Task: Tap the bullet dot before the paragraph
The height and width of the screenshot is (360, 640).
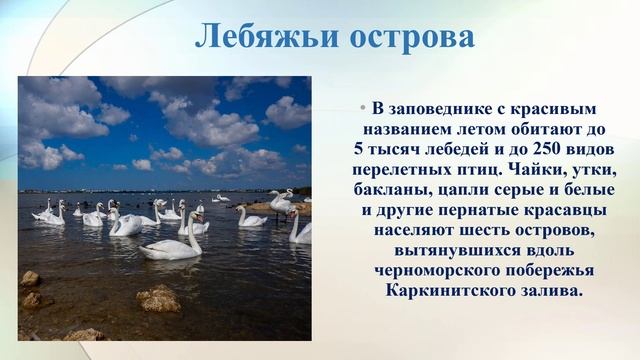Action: [x=363, y=107]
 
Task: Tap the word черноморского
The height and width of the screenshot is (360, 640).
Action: [x=453, y=271]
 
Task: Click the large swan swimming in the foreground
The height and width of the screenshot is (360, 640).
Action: [x=172, y=244]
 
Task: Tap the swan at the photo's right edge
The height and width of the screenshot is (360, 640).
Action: [x=299, y=229]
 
